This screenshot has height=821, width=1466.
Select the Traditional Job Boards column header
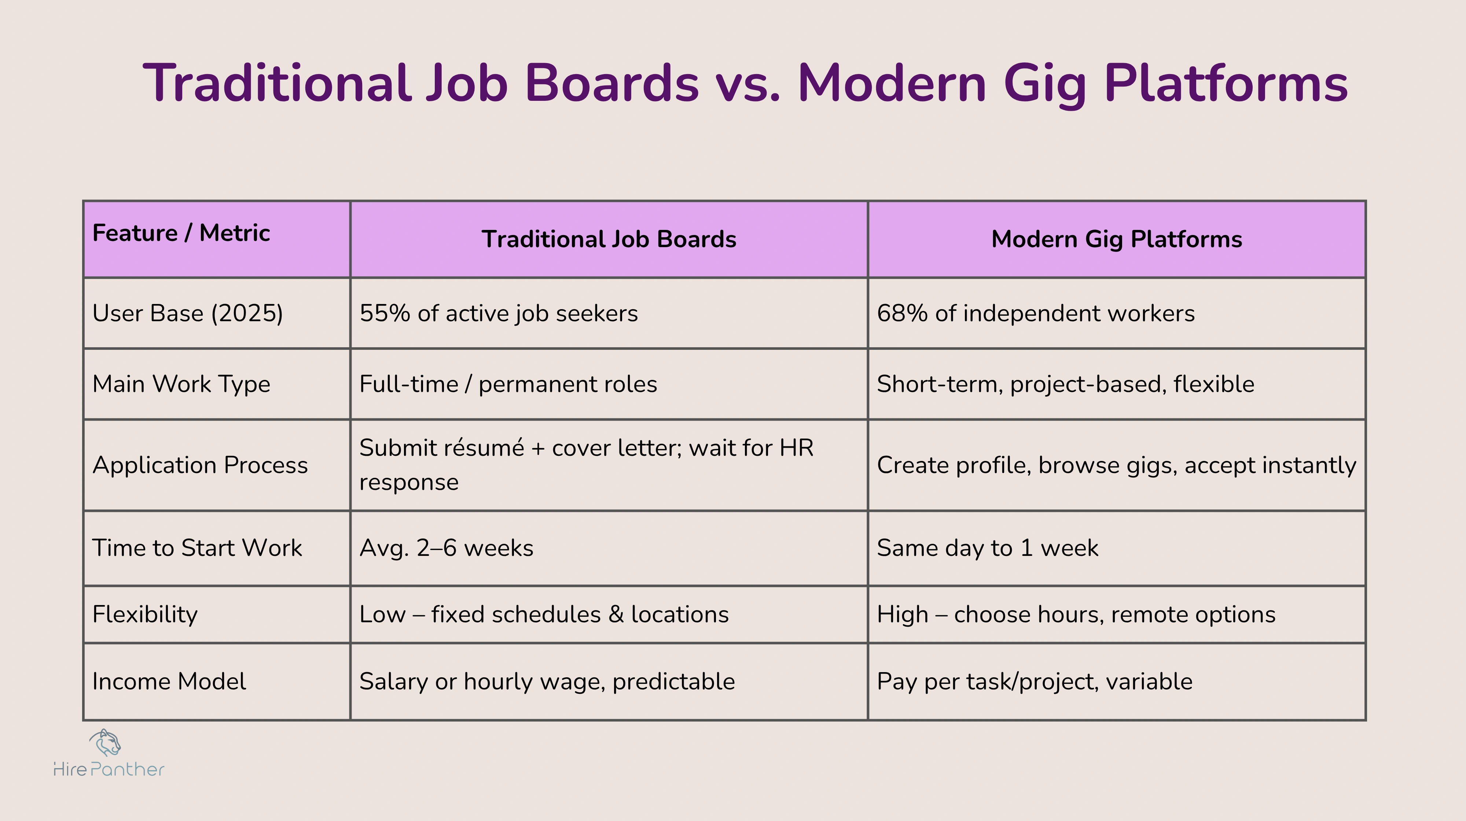pyautogui.click(x=609, y=239)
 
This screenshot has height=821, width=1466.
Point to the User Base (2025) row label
pyautogui.click(x=187, y=313)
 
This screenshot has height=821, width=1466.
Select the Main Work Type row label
pyautogui.click(x=181, y=384)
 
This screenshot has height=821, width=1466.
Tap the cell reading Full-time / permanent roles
pyautogui.click(x=508, y=384)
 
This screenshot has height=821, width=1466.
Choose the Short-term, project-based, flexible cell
pyautogui.click(x=1065, y=384)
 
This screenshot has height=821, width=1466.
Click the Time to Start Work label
pyautogui.click(x=197, y=548)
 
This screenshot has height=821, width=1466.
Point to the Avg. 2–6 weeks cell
pyautogui.click(x=446, y=548)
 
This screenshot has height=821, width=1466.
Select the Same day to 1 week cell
pyautogui.click(x=987, y=548)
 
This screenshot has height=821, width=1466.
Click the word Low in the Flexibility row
pyautogui.click(x=382, y=614)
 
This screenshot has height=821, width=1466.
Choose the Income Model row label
pyautogui.click(x=169, y=682)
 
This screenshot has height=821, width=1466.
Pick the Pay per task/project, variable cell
pyautogui.click(x=1034, y=682)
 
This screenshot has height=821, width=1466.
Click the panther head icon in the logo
pyautogui.click(x=106, y=743)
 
